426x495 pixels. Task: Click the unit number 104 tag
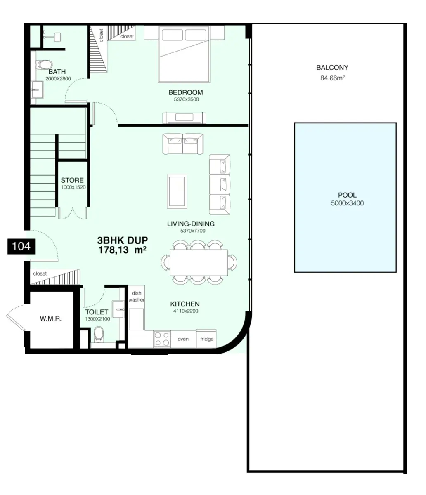pos(21,246)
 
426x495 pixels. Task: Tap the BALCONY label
pos(332,68)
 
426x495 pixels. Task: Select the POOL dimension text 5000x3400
pos(347,203)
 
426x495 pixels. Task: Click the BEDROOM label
pos(185,92)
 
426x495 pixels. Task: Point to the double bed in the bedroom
pos(184,54)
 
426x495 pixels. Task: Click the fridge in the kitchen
pos(206,339)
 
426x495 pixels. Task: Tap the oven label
pos(183,339)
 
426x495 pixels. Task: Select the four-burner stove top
pos(162,339)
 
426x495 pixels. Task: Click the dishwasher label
pos(136,296)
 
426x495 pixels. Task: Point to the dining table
pos(199,263)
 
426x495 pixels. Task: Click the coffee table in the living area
pos(177,191)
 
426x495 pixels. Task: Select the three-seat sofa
pos(220,184)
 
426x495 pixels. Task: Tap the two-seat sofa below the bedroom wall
pos(182,144)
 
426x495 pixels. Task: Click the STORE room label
pos(72,180)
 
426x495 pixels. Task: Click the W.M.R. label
pos(50,318)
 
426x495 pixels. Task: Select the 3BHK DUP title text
pos(123,240)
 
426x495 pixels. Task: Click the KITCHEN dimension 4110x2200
pos(186,311)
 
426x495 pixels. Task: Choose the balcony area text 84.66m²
pos(333,78)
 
